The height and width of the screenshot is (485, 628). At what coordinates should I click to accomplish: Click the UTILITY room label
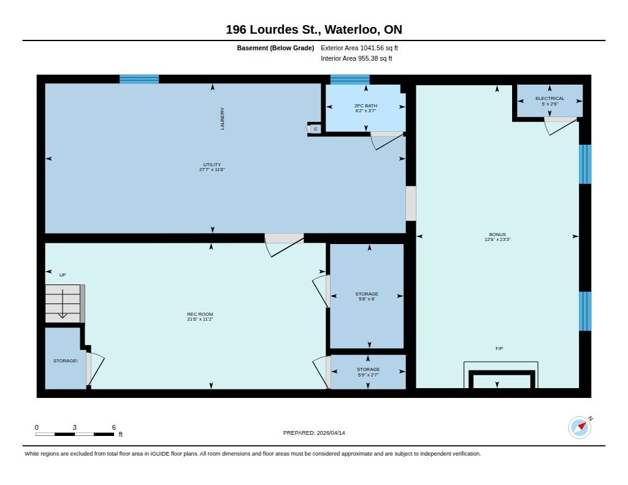212,164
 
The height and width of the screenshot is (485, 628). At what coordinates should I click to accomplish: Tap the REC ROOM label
200,315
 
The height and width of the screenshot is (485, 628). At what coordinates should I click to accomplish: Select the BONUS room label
497,235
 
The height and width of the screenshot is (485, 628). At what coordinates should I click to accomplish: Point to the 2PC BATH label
366,105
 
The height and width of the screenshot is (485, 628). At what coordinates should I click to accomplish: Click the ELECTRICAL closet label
550,99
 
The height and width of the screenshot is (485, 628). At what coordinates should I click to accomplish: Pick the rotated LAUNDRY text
222,118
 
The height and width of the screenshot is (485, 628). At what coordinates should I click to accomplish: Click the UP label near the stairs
63,275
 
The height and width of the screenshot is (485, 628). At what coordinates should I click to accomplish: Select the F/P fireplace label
499,349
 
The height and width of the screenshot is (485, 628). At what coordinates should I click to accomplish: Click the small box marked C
316,129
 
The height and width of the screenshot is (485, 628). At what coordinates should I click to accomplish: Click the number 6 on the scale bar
113,427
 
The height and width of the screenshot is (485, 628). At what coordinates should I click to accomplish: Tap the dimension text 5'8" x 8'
367,299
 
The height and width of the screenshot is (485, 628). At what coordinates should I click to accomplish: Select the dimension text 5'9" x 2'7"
368,375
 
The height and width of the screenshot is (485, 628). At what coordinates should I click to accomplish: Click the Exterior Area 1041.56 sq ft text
359,48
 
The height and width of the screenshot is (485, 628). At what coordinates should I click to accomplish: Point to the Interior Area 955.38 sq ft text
356,58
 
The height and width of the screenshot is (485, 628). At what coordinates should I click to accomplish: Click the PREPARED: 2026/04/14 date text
314,433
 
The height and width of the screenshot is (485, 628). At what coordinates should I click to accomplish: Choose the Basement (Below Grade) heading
275,48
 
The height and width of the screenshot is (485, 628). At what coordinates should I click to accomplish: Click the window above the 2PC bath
350,79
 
